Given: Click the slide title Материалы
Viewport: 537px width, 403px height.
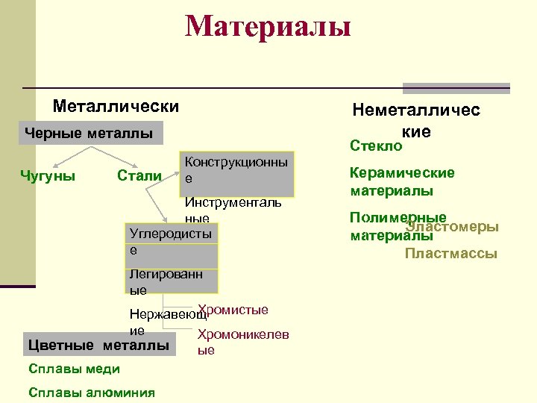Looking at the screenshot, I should (x=268, y=27).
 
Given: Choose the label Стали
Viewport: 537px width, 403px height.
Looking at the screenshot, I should (x=139, y=176).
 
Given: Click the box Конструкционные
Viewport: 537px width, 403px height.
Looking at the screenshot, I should (x=237, y=170).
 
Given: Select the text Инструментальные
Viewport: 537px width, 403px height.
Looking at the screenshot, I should (x=233, y=210).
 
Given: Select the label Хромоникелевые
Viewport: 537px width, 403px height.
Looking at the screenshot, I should (x=243, y=342).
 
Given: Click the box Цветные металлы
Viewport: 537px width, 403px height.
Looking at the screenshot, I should (x=98, y=345).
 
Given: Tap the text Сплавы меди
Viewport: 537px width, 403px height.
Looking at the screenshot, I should (x=73, y=369).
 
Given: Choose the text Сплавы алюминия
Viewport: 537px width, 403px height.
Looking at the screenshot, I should (x=91, y=393).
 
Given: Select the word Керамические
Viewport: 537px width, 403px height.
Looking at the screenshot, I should (x=402, y=173).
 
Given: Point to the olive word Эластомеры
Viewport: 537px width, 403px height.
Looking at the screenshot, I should (x=452, y=227).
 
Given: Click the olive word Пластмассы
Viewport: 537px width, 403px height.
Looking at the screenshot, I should (x=450, y=254).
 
